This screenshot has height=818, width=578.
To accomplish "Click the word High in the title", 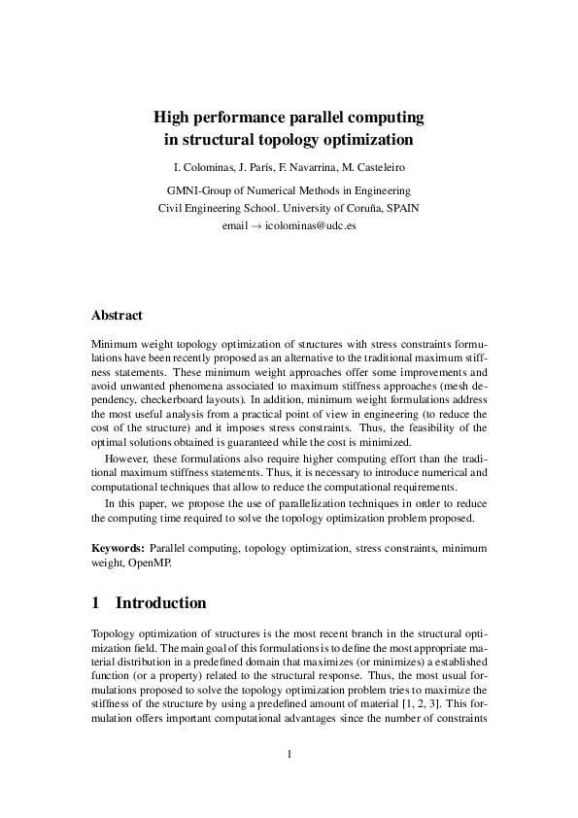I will [172, 118].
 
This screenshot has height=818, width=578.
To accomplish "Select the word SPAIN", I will [402, 208].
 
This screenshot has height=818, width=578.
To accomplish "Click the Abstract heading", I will [117, 316].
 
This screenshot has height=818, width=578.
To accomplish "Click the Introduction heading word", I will [161, 603].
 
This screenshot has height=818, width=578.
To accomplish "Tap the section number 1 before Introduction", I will [95, 603].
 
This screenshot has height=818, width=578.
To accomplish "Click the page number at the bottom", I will [289, 754].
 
